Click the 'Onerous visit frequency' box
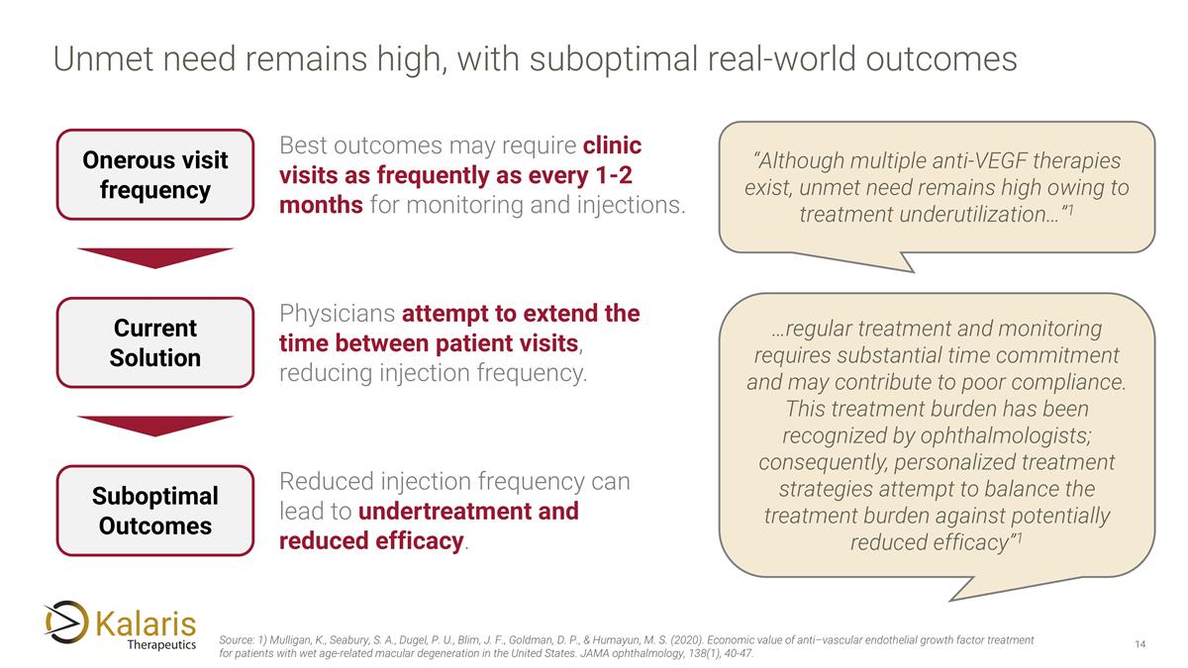(155, 174)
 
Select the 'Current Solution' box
(155, 342)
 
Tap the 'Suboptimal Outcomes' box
(155, 511)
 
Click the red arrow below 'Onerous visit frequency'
(155, 256)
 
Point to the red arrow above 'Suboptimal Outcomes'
(155, 425)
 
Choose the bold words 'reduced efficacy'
(371, 541)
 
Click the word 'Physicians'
(337, 314)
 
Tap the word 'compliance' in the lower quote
(1069, 382)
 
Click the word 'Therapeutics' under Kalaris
(161, 644)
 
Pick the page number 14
(1139, 645)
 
